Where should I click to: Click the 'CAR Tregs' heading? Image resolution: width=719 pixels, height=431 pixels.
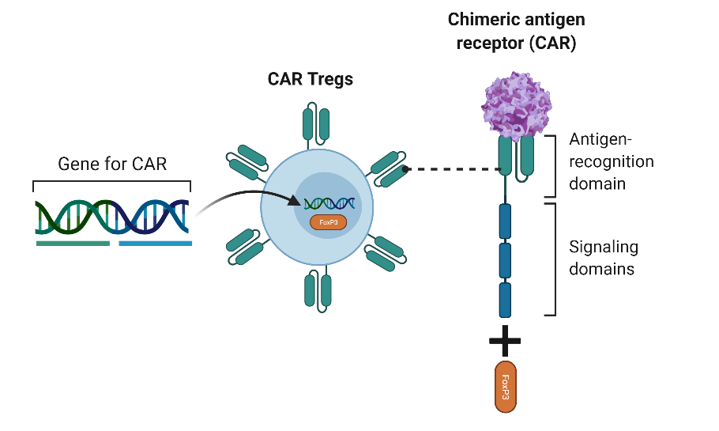click(311, 79)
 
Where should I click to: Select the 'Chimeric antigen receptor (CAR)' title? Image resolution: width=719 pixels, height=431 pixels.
click(512, 31)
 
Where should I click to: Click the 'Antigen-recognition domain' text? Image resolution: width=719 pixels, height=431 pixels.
click(612, 161)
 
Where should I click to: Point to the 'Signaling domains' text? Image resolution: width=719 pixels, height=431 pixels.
click(604, 258)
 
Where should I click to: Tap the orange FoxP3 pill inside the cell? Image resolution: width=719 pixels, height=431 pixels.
click(327, 222)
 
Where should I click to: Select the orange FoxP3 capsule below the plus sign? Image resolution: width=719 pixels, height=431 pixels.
click(505, 386)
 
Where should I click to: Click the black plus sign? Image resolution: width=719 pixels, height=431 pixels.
click(505, 342)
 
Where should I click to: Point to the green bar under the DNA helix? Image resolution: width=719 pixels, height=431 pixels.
click(73, 244)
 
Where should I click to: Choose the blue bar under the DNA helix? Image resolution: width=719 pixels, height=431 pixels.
click(155, 244)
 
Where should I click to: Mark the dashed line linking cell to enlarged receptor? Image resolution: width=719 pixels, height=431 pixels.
click(450, 168)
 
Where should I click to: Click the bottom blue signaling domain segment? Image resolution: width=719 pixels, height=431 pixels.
click(505, 300)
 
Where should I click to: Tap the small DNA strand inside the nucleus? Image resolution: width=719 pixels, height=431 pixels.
click(329, 204)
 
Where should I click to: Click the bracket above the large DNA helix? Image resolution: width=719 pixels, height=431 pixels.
click(111, 183)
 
